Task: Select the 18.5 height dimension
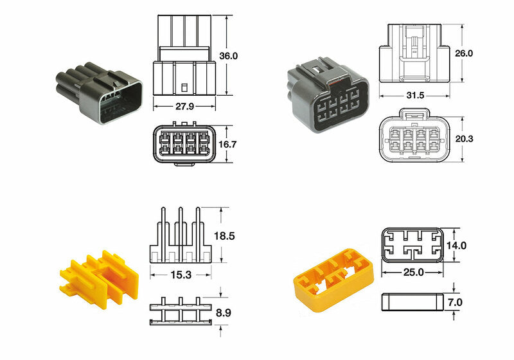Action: (x=225, y=236)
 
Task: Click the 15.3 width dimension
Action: (x=181, y=275)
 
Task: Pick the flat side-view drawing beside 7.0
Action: (x=411, y=301)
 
